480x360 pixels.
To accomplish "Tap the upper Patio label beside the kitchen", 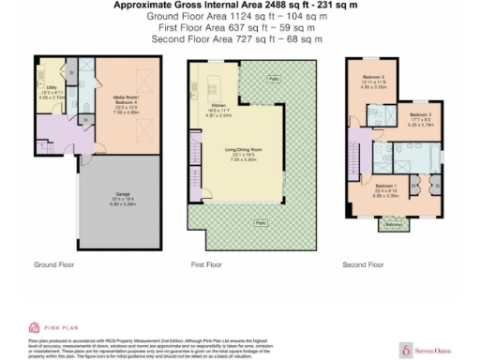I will point(272,78).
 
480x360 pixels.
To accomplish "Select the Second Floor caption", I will point(363,265).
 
